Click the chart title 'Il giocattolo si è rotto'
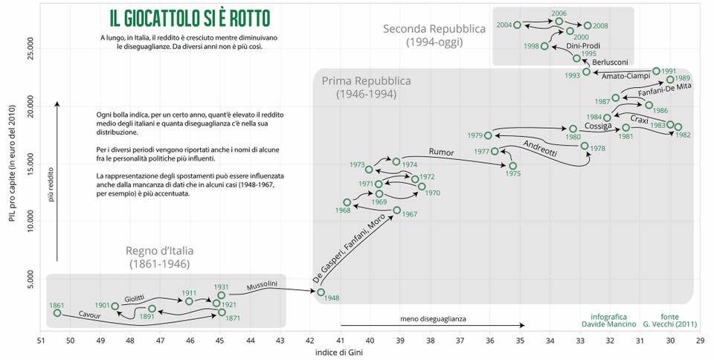(184, 17)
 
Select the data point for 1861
(57, 313)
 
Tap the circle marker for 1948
(321, 292)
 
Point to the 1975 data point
(512, 165)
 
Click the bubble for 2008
(588, 26)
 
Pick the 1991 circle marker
(656, 71)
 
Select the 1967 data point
(396, 210)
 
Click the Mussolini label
(262, 284)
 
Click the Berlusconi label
(611, 62)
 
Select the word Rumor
(441, 152)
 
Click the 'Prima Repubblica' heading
(366, 81)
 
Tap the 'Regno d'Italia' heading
(158, 251)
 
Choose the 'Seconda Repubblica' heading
(434, 29)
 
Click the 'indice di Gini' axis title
(339, 353)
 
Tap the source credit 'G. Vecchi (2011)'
(672, 324)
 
